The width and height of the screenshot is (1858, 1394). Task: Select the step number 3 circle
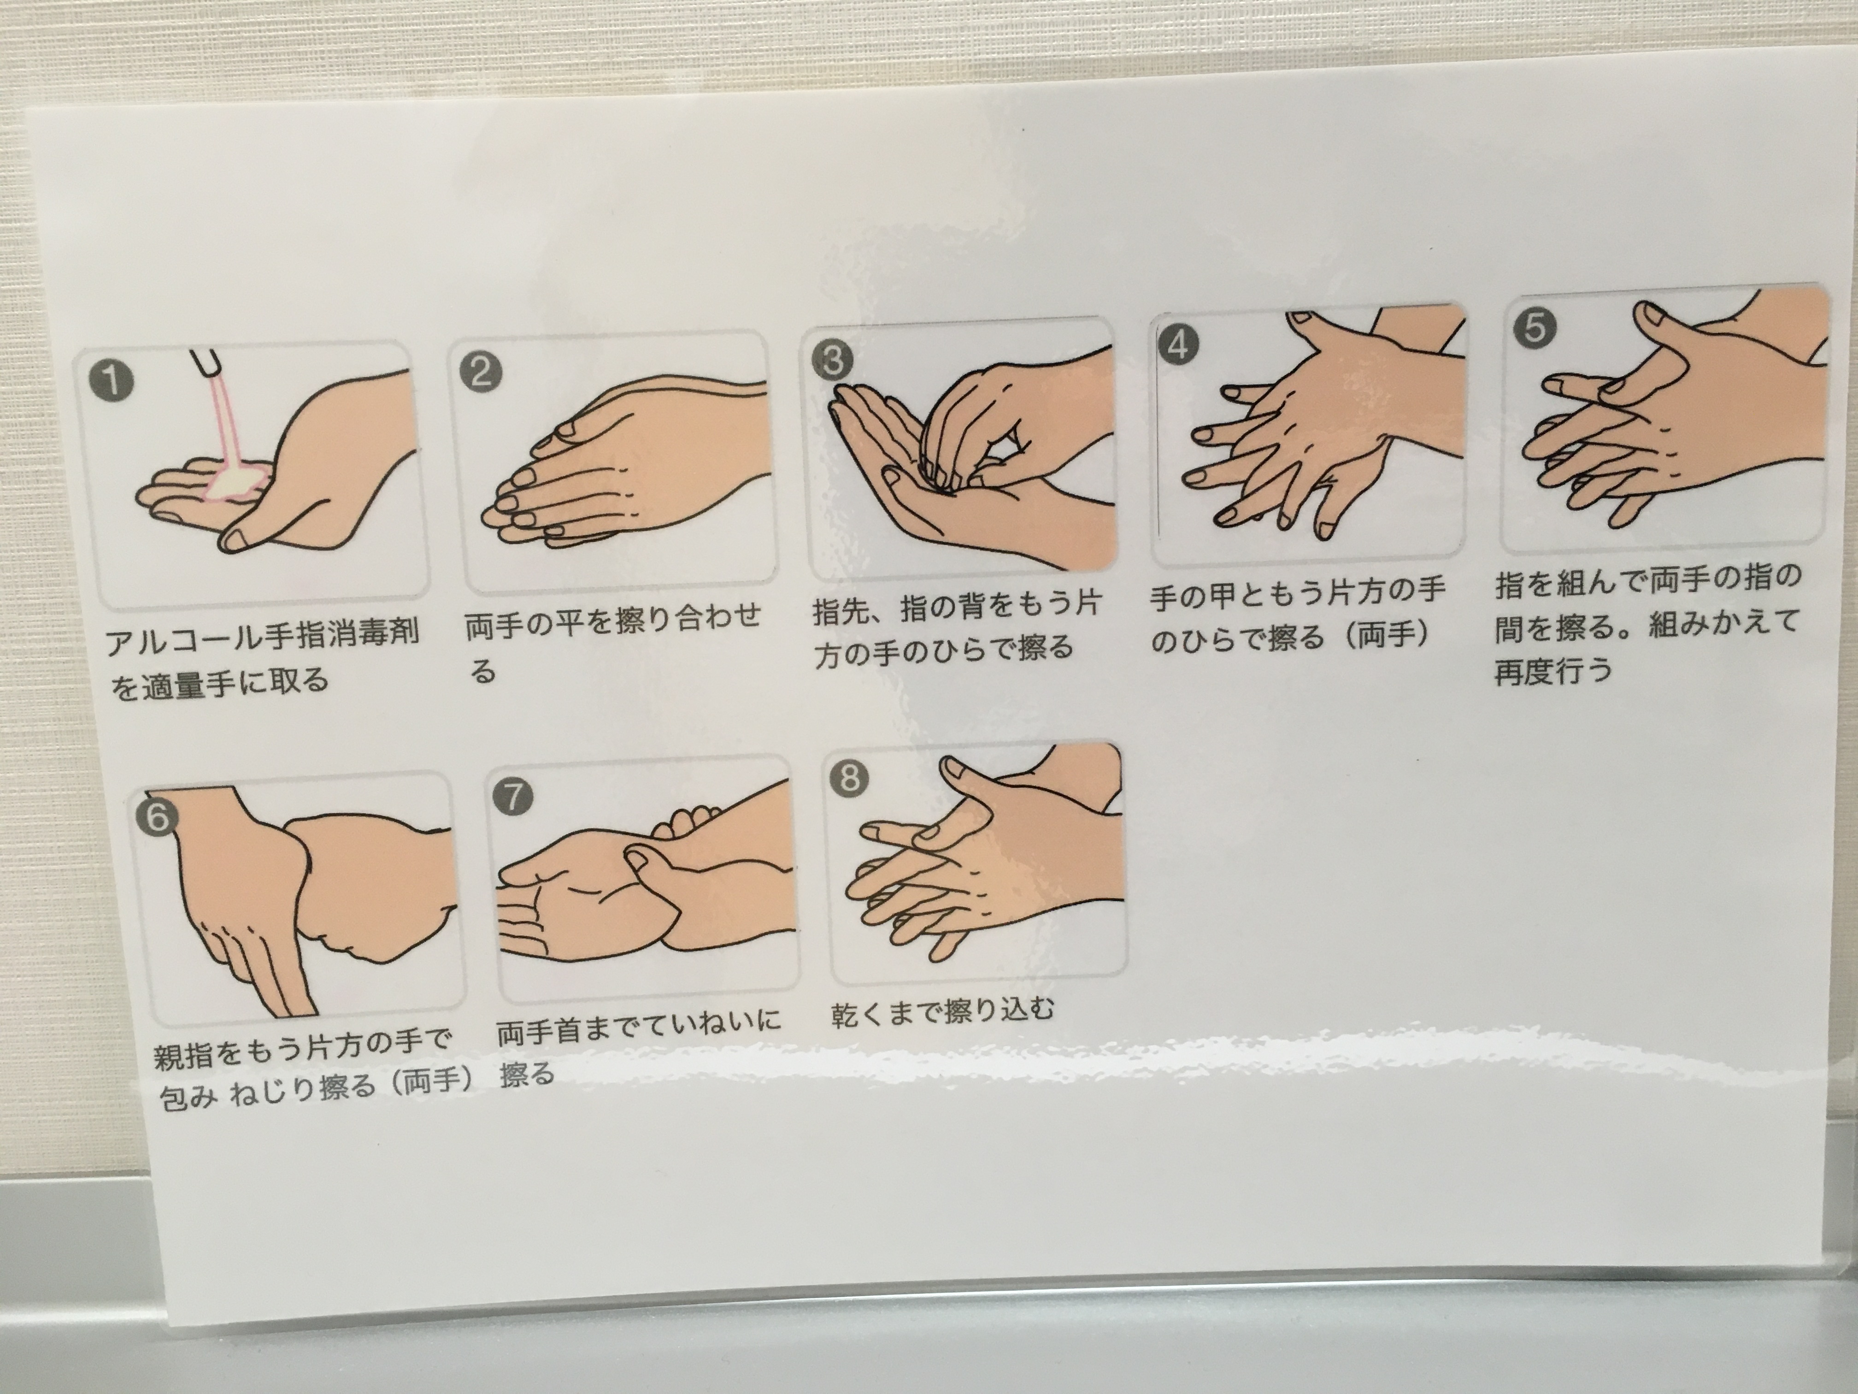tap(832, 360)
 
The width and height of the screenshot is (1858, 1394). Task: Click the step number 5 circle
tap(1534, 327)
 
